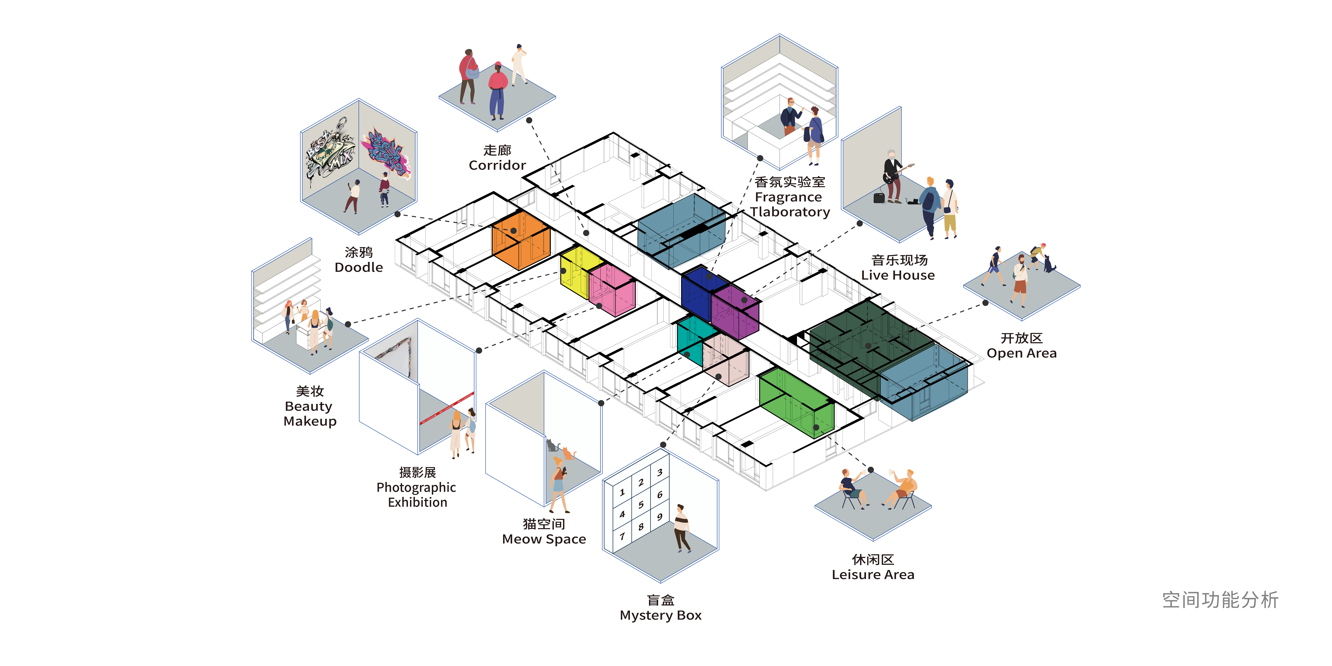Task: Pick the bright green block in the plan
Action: tap(796, 402)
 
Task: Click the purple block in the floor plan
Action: tap(735, 312)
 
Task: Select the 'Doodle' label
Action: tap(359, 267)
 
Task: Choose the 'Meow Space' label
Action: tap(544, 539)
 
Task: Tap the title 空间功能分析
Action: tap(1220, 600)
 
